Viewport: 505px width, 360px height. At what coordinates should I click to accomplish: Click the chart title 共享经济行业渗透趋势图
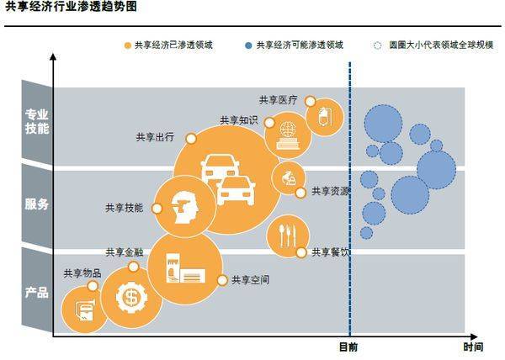tap(72, 6)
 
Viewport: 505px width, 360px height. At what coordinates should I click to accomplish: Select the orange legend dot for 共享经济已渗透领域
tap(128, 45)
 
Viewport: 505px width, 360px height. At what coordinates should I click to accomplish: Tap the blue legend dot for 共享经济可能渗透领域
tap(248, 45)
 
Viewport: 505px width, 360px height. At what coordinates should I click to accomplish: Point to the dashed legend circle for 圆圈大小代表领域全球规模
tap(377, 45)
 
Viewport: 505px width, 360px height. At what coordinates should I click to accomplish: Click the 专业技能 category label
tap(37, 121)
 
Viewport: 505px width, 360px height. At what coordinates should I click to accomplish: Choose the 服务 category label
tap(37, 204)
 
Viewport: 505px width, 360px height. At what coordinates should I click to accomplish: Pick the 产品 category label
tap(37, 293)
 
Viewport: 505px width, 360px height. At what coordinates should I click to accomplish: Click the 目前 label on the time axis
tap(348, 347)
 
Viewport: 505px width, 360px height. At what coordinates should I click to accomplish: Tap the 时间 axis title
tap(473, 347)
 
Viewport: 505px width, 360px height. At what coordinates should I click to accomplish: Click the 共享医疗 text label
tap(279, 100)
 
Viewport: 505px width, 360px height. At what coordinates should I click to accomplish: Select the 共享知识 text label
tap(239, 120)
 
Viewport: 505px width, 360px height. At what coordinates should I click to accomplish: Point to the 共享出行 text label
tap(155, 137)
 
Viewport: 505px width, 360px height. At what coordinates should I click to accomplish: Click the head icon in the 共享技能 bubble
tap(185, 208)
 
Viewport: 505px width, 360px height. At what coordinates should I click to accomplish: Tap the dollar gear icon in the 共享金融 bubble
tap(131, 298)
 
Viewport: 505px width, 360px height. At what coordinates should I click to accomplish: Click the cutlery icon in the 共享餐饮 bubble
tap(287, 236)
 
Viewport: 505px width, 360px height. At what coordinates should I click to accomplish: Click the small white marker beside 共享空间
tap(222, 281)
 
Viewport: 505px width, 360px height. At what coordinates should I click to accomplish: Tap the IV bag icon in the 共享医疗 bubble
tap(324, 116)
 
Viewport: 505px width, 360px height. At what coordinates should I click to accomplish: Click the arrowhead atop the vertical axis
tap(53, 56)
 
